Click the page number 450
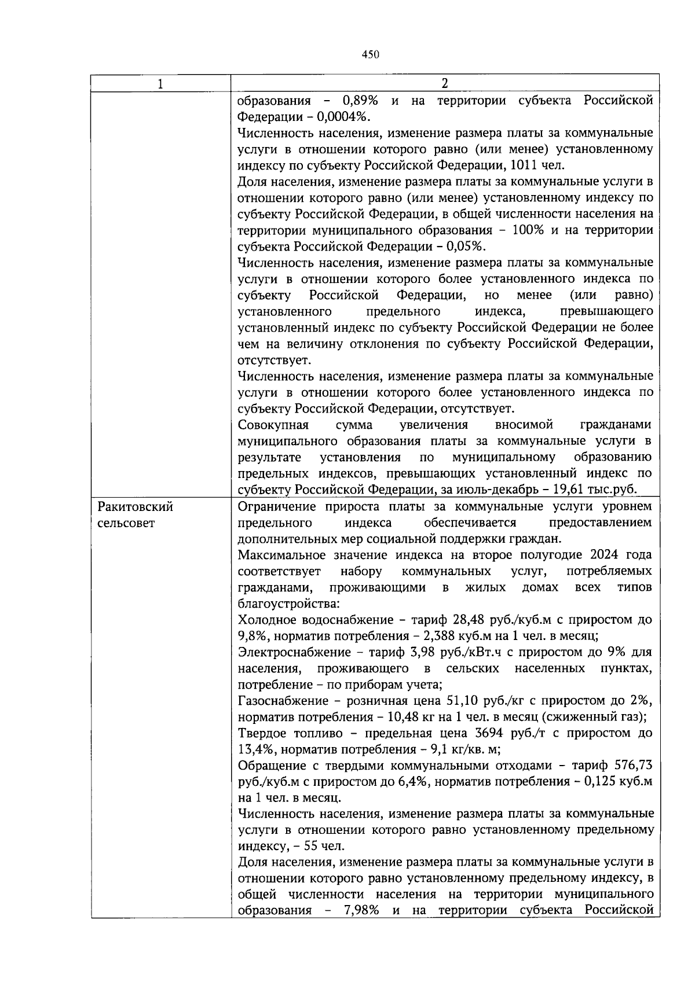point(370,55)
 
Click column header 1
point(160,84)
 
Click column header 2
point(445,83)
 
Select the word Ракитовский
point(136,507)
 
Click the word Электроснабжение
point(295,652)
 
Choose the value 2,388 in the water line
point(444,636)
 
